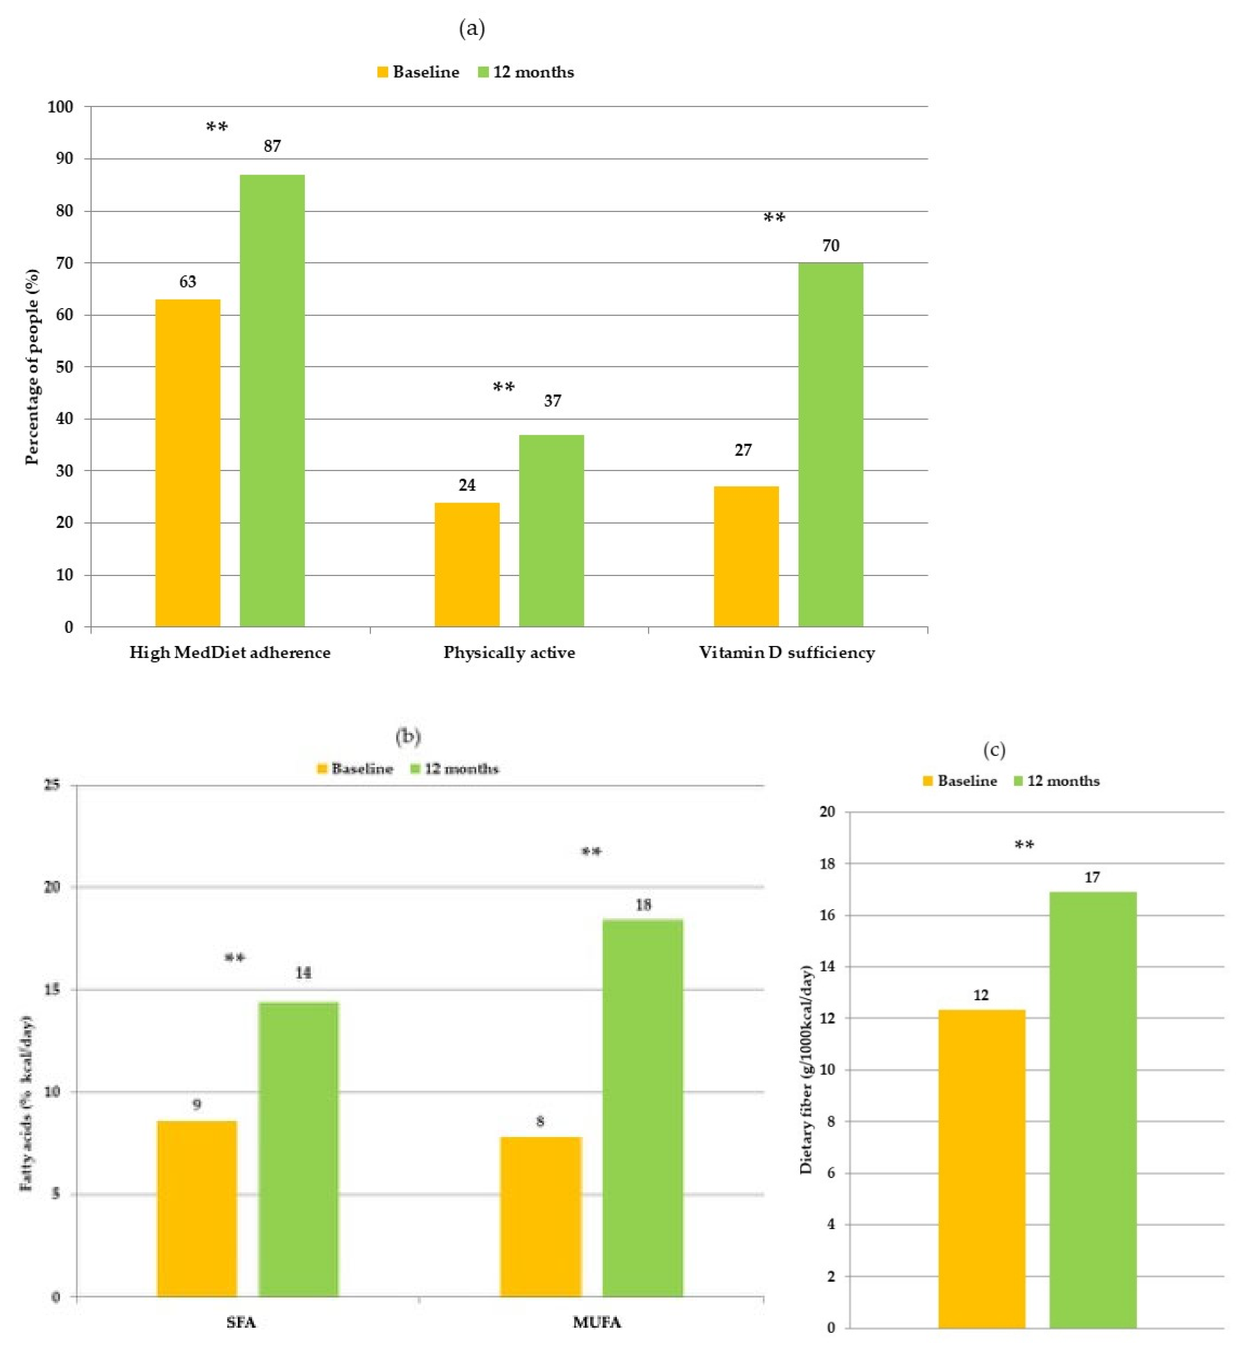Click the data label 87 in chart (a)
click(x=272, y=146)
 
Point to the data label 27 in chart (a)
click(x=743, y=450)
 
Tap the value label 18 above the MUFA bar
click(x=643, y=905)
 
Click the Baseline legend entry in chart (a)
click(x=418, y=72)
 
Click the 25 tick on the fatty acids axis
click(x=51, y=785)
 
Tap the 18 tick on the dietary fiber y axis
click(x=827, y=864)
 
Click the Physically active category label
click(x=509, y=652)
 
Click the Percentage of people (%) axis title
click(x=32, y=367)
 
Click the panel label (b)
click(x=408, y=737)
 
